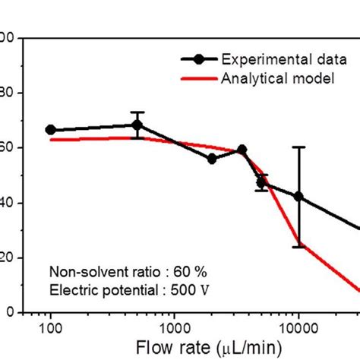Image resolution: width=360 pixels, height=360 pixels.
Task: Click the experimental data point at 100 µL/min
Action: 50,130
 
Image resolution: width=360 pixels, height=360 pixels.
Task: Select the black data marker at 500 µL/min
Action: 137,125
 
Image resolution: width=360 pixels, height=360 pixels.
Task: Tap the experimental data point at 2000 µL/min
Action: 212,159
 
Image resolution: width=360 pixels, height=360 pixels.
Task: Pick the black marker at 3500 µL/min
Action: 242,150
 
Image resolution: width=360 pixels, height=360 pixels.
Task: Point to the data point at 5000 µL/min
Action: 261,183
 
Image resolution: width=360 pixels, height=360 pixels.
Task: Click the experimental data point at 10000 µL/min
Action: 298,197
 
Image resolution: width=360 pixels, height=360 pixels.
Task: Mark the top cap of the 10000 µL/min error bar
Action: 298,147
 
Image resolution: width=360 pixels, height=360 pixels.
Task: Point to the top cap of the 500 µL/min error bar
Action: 137,112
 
